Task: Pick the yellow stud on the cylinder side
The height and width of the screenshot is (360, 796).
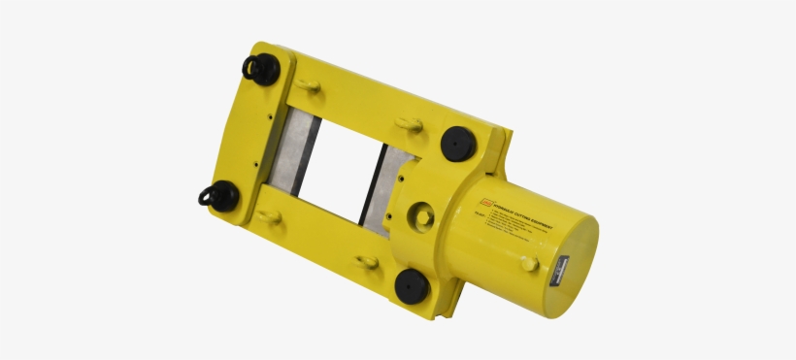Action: tap(528, 262)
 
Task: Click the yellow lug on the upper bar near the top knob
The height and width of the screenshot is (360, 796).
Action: tap(309, 86)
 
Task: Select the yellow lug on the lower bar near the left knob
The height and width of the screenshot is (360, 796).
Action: tap(269, 216)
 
